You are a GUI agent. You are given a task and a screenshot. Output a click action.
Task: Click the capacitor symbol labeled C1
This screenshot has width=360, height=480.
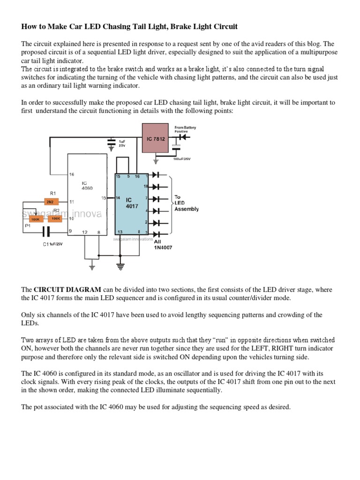pyautogui.click(x=46, y=231)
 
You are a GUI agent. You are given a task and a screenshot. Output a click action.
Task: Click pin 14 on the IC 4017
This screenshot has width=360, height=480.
pyautogui.click(x=119, y=198)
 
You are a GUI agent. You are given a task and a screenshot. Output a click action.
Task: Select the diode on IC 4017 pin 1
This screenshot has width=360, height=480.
pyautogui.click(x=156, y=175)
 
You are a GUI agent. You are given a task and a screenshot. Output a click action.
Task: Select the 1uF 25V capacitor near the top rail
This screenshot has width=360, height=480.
pyautogui.click(x=111, y=142)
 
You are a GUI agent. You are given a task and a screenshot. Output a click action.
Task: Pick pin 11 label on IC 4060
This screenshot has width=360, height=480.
pyautogui.click(x=72, y=202)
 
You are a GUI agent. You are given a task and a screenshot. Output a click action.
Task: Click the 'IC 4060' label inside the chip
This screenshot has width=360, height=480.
pyautogui.click(x=88, y=185)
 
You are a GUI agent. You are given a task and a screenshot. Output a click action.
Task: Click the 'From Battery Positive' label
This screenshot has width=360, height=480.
pyautogui.click(x=185, y=129)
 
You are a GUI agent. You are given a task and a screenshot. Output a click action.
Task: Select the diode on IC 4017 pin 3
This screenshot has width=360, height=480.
pyautogui.click(x=156, y=233)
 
